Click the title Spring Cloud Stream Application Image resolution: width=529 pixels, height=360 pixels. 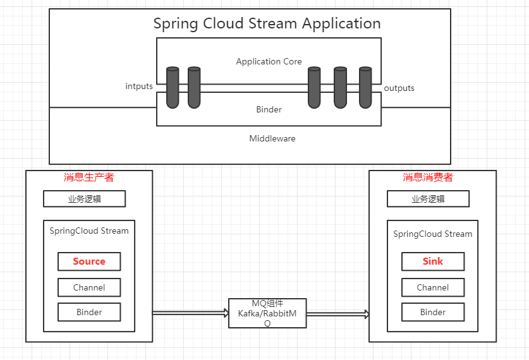(267, 24)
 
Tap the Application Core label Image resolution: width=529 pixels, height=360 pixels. (269, 62)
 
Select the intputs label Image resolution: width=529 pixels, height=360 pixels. (139, 86)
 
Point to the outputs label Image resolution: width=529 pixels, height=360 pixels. (399, 88)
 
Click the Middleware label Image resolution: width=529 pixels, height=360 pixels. (272, 138)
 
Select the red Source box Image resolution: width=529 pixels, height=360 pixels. (89, 261)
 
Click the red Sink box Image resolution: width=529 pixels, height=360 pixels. (433, 261)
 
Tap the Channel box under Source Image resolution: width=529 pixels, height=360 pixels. (89, 287)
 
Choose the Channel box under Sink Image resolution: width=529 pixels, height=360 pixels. (433, 287)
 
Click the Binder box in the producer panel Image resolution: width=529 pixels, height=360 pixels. (89, 312)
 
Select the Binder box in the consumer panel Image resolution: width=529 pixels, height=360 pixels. (433, 312)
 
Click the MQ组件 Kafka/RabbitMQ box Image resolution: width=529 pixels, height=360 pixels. (267, 313)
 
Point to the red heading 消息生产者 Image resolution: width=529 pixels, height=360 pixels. (89, 177)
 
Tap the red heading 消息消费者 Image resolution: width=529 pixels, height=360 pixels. (428, 177)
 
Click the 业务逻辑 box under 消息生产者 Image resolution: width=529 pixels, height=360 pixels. (84, 198)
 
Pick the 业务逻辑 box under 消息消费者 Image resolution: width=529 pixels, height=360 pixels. (428, 198)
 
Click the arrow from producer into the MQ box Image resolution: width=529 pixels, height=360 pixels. (190, 313)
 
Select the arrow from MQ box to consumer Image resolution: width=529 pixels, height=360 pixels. (337, 313)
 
